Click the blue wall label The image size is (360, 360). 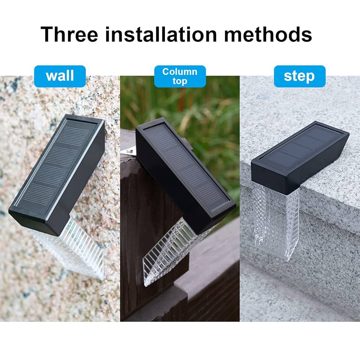click(60, 76)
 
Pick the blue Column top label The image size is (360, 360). click(180, 76)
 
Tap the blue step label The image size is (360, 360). click(299, 76)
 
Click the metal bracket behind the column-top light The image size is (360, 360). click(129, 153)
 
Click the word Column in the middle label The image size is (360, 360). click(180, 72)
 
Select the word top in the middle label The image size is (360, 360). click(180, 81)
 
